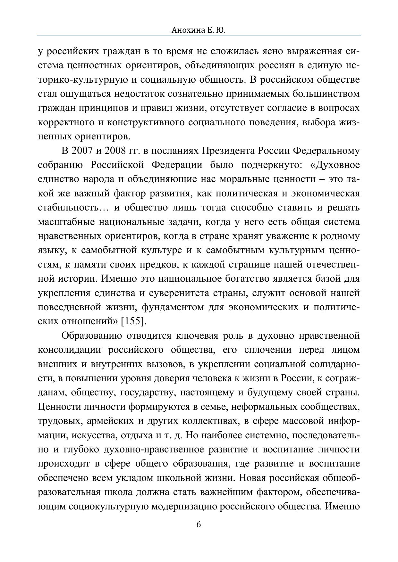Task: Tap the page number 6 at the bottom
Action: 199,525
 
